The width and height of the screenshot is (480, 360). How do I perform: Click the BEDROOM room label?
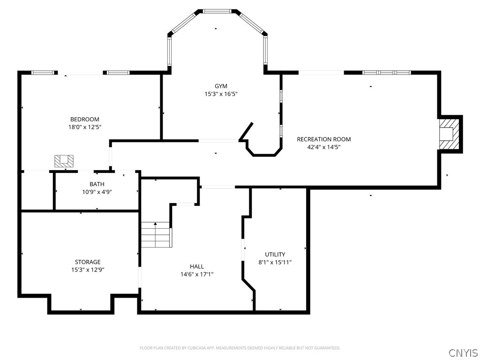coord(85,120)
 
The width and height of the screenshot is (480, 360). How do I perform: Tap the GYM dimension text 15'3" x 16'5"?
coord(221,94)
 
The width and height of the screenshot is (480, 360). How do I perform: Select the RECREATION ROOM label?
coord(323,139)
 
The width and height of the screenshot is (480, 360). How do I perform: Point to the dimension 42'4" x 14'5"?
coord(323,147)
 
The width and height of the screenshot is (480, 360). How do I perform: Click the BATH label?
coord(97,184)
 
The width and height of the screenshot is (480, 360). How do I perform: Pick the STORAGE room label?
coord(88,262)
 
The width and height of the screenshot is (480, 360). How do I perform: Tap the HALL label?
coord(197,266)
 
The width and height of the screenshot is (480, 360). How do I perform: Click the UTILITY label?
coord(275,255)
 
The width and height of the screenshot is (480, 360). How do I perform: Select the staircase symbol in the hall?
coord(157,235)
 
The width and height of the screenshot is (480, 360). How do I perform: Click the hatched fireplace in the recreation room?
coord(449,134)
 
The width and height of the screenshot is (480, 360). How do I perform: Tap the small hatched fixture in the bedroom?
coord(64,161)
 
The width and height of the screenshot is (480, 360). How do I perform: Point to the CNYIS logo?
coord(463,352)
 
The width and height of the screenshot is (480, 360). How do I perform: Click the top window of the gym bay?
coord(217,11)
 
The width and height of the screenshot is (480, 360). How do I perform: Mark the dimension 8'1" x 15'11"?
coord(275,262)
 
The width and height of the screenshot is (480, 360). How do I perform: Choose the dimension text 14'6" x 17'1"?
coord(197,274)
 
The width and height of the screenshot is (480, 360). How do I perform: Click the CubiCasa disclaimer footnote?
coord(240,348)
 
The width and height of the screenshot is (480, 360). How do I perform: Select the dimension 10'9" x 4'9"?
coord(97,192)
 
